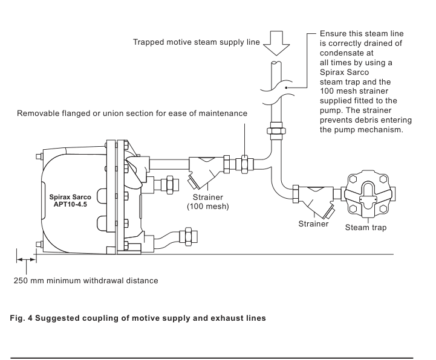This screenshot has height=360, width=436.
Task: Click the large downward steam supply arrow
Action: click(x=276, y=43)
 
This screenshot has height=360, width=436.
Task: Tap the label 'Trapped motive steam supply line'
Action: click(x=197, y=42)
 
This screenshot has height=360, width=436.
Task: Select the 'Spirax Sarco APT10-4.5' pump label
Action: click(x=70, y=201)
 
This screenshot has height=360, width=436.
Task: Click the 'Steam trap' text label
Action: click(x=366, y=228)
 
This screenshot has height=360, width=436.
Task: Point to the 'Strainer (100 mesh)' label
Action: click(x=208, y=202)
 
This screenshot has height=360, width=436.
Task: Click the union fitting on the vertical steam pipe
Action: click(x=276, y=130)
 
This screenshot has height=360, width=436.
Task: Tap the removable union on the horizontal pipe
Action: click(x=244, y=164)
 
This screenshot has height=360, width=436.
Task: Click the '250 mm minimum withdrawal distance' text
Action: click(x=86, y=280)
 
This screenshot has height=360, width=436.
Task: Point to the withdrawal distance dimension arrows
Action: click(x=27, y=260)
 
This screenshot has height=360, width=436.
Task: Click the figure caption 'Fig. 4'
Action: click(x=21, y=318)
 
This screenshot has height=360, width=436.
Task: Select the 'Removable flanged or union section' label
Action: click(x=132, y=114)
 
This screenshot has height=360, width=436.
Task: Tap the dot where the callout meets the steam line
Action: click(x=286, y=88)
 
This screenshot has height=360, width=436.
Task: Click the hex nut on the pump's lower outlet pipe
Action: click(x=188, y=236)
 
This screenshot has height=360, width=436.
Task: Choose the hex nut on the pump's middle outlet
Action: click(x=170, y=185)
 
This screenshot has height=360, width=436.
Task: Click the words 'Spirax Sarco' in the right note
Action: click(x=344, y=72)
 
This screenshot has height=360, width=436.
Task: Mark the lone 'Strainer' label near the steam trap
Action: click(x=313, y=224)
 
